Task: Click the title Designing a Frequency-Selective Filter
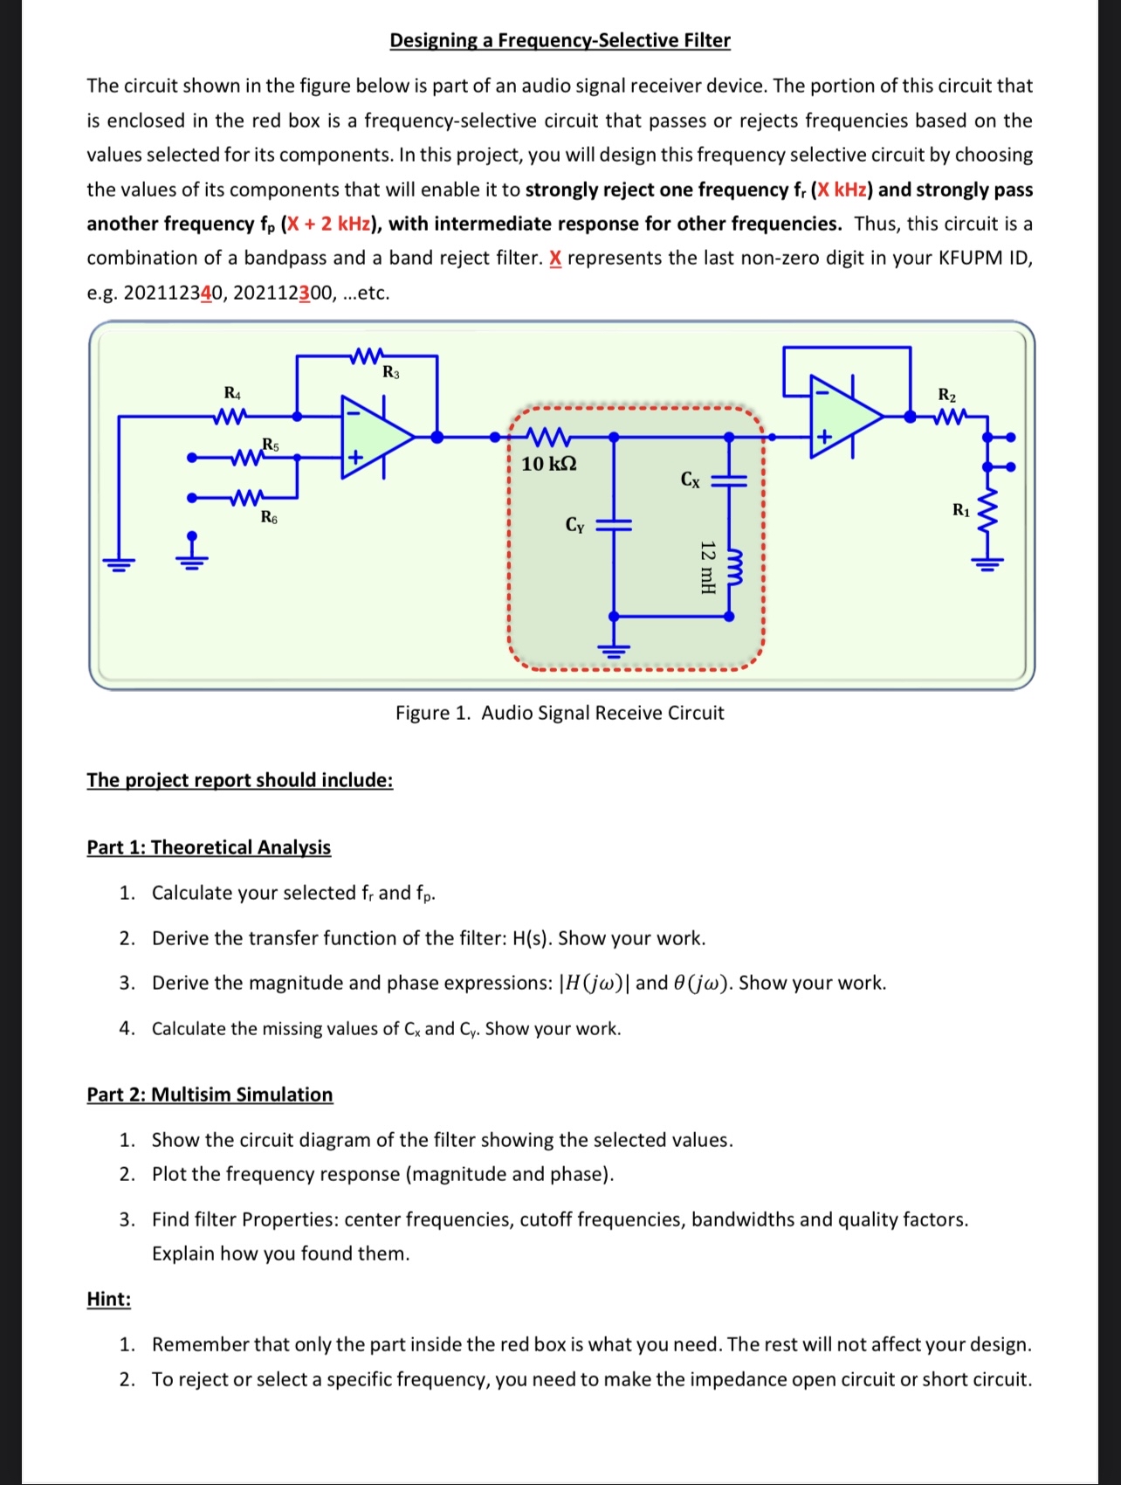tap(560, 40)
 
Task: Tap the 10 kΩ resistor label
tap(548, 464)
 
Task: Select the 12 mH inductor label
tap(708, 567)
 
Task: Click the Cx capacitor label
tap(690, 479)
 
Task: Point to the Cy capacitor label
tap(574, 524)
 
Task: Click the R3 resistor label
tap(391, 373)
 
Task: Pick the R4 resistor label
tap(232, 393)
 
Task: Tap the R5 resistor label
tap(271, 445)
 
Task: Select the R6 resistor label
tap(269, 517)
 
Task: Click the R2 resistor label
tap(946, 395)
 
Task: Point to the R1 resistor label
tap(960, 510)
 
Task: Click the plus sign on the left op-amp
tap(355, 457)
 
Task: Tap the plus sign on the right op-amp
tap(823, 436)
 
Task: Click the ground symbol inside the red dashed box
tap(614, 647)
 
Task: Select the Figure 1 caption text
tap(560, 713)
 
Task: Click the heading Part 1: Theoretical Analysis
tap(209, 847)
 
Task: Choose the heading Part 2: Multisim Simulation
tap(210, 1095)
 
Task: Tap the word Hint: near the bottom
tap(109, 1299)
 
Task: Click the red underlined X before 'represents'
tap(555, 259)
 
